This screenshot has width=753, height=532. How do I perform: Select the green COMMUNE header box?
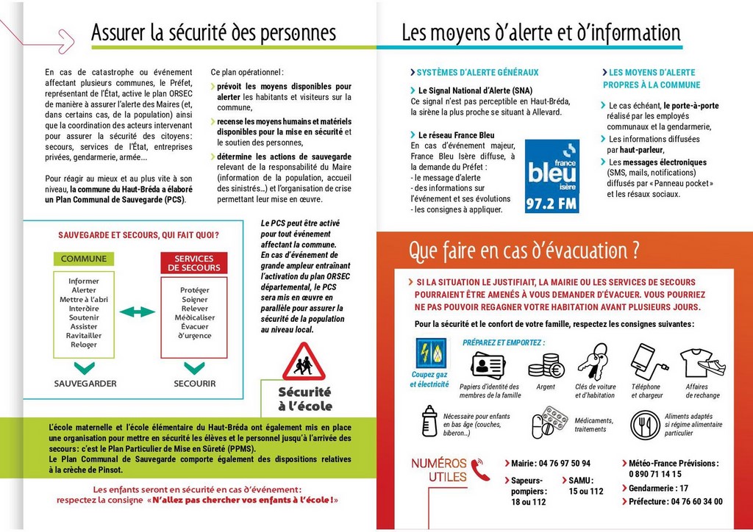pyautogui.click(x=84, y=259)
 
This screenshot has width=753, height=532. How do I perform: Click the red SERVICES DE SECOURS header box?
pyautogui.click(x=194, y=263)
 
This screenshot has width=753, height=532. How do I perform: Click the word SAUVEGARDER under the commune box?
pyautogui.click(x=85, y=384)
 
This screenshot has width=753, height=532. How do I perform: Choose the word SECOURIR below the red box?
pyautogui.click(x=195, y=384)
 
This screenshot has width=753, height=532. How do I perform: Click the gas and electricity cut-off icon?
pyautogui.click(x=430, y=354)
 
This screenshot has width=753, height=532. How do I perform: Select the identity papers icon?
pyautogui.click(x=488, y=364)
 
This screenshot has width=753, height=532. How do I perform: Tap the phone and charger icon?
pyautogui.click(x=644, y=360)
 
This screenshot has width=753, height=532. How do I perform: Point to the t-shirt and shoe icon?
pyautogui.click(x=702, y=362)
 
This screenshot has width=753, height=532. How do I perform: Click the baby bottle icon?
pyautogui.click(x=429, y=422)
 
